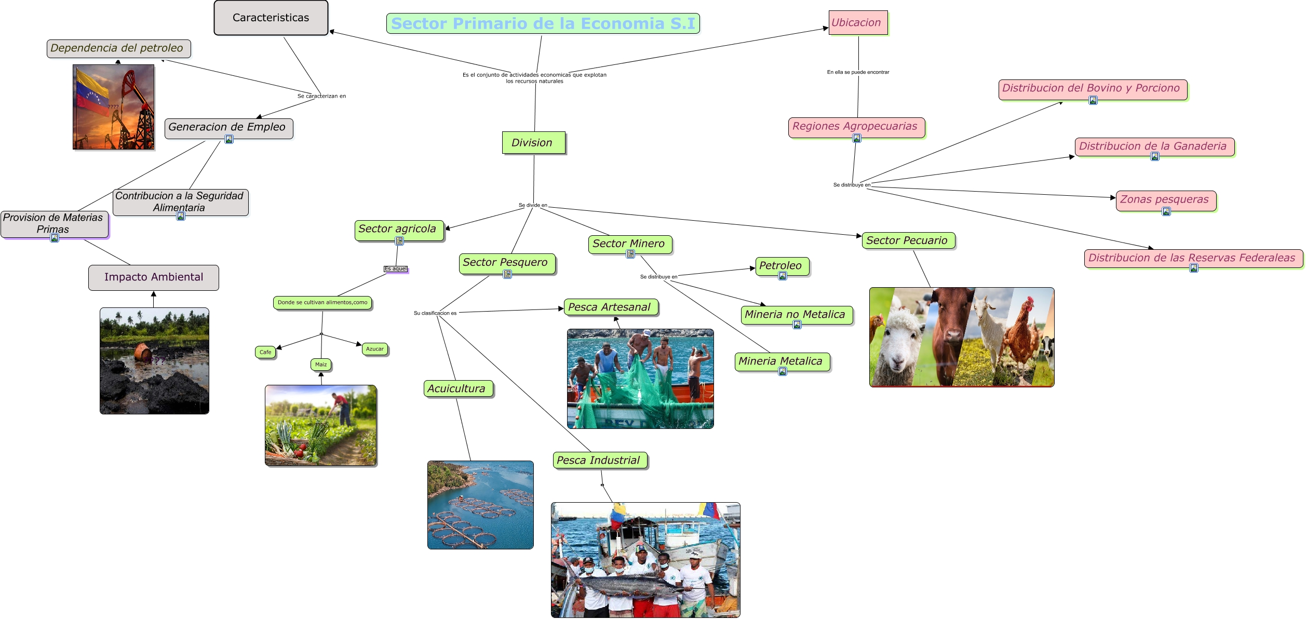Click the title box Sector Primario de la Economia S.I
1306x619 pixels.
pyautogui.click(x=543, y=23)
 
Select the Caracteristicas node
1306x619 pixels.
pyautogui.click(x=271, y=18)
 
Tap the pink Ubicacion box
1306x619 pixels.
pyautogui.click(x=857, y=23)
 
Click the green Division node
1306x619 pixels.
pyautogui.click(x=533, y=143)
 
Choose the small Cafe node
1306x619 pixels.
pyautogui.click(x=265, y=352)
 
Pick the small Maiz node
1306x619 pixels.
pyautogui.click(x=321, y=365)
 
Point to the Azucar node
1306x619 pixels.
pyautogui.click(x=374, y=349)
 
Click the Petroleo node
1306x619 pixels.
pyautogui.click(x=782, y=266)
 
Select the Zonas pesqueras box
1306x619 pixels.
pyautogui.click(x=1165, y=200)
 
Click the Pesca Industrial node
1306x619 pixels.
pyautogui.click(x=599, y=460)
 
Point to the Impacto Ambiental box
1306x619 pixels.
pyautogui.click(x=154, y=277)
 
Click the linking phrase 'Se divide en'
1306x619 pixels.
pyautogui.click(x=533, y=205)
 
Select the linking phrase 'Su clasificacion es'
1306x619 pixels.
pyautogui.click(x=435, y=313)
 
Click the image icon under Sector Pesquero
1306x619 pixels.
pyautogui.click(x=507, y=274)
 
